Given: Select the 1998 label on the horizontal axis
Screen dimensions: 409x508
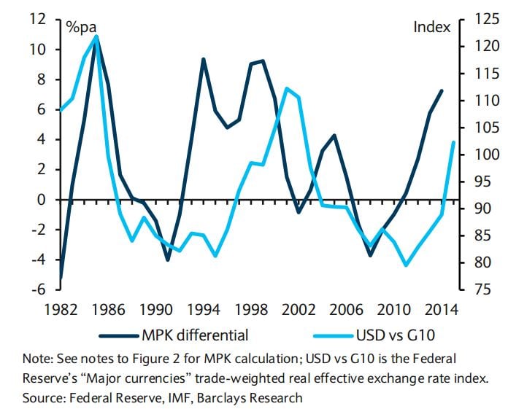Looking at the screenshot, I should (260, 309).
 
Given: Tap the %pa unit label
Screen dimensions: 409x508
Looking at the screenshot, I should (82, 27).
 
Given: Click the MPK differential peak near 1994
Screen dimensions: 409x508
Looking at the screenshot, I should (203, 59).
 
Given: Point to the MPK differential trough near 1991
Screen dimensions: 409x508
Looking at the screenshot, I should (168, 260).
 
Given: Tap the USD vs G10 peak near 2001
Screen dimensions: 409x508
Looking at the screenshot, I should (287, 88).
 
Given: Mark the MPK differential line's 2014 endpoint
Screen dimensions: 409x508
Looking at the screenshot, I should (441, 90).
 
